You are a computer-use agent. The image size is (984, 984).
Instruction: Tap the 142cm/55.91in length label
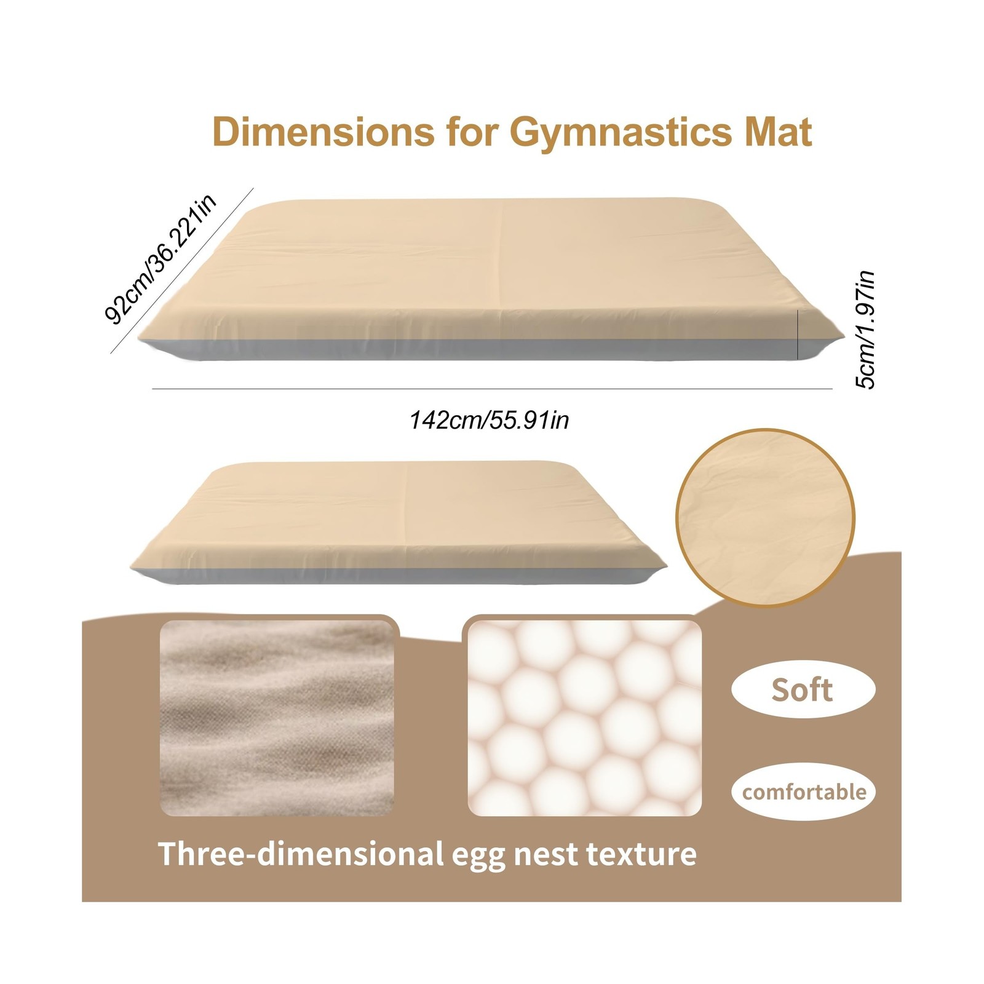click(x=490, y=421)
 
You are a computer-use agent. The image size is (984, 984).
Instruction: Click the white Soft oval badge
click(x=803, y=690)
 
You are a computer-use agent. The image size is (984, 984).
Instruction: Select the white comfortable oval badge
click(x=803, y=792)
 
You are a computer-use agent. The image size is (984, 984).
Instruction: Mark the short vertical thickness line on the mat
click(x=799, y=335)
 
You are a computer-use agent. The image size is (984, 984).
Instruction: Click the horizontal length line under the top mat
click(x=492, y=389)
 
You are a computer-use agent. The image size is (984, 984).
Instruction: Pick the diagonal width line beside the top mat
click(x=181, y=271)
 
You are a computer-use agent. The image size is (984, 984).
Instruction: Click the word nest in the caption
click(x=545, y=854)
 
